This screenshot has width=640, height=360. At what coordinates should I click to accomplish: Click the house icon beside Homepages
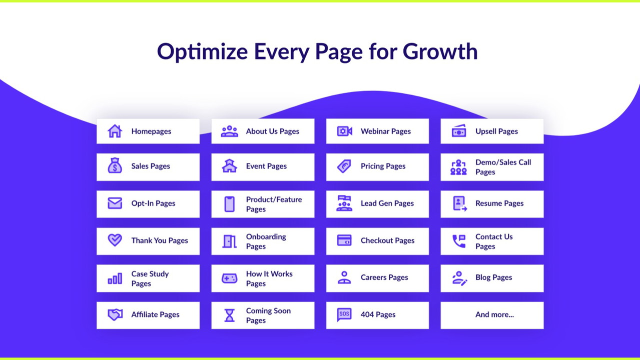115,131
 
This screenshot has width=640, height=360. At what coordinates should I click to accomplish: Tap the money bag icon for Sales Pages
115,165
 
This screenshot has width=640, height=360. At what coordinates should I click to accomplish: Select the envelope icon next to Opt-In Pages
115,203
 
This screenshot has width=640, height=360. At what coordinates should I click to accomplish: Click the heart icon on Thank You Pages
115,240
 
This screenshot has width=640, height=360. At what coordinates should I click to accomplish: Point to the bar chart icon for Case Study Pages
115,278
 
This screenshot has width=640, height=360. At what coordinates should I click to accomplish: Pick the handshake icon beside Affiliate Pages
115,314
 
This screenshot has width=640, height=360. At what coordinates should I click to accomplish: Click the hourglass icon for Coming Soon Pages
229,315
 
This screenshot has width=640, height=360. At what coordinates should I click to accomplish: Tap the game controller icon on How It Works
229,278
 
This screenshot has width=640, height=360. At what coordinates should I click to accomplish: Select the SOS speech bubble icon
344,314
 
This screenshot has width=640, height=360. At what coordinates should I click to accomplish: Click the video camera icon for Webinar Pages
345,131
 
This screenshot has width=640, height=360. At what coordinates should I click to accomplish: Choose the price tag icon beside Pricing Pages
344,166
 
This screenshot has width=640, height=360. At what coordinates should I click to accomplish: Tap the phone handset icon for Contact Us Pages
459,241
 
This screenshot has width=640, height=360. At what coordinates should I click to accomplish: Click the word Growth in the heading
440,51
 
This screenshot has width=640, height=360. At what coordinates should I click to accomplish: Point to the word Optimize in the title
202,51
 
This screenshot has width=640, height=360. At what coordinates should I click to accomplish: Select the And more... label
494,314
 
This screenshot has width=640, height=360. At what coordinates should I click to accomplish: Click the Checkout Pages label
387,240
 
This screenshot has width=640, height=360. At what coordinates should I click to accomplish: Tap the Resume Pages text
499,203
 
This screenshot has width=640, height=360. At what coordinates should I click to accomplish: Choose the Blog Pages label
494,277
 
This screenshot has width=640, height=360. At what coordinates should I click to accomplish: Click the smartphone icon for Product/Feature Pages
229,204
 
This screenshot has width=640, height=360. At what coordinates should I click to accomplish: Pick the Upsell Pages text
496,131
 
